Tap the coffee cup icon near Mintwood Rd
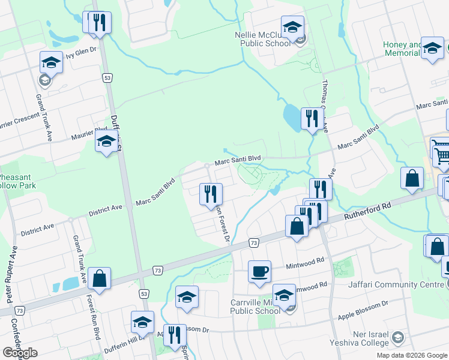click(x=259, y=271)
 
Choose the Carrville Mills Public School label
click(x=255, y=307)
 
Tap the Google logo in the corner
click(x=20, y=353)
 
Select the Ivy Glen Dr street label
click(x=81, y=52)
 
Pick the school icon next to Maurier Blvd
click(x=106, y=142)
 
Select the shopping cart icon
click(x=441, y=155)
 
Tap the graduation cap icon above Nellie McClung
click(x=292, y=27)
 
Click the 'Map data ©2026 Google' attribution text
click(x=411, y=355)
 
